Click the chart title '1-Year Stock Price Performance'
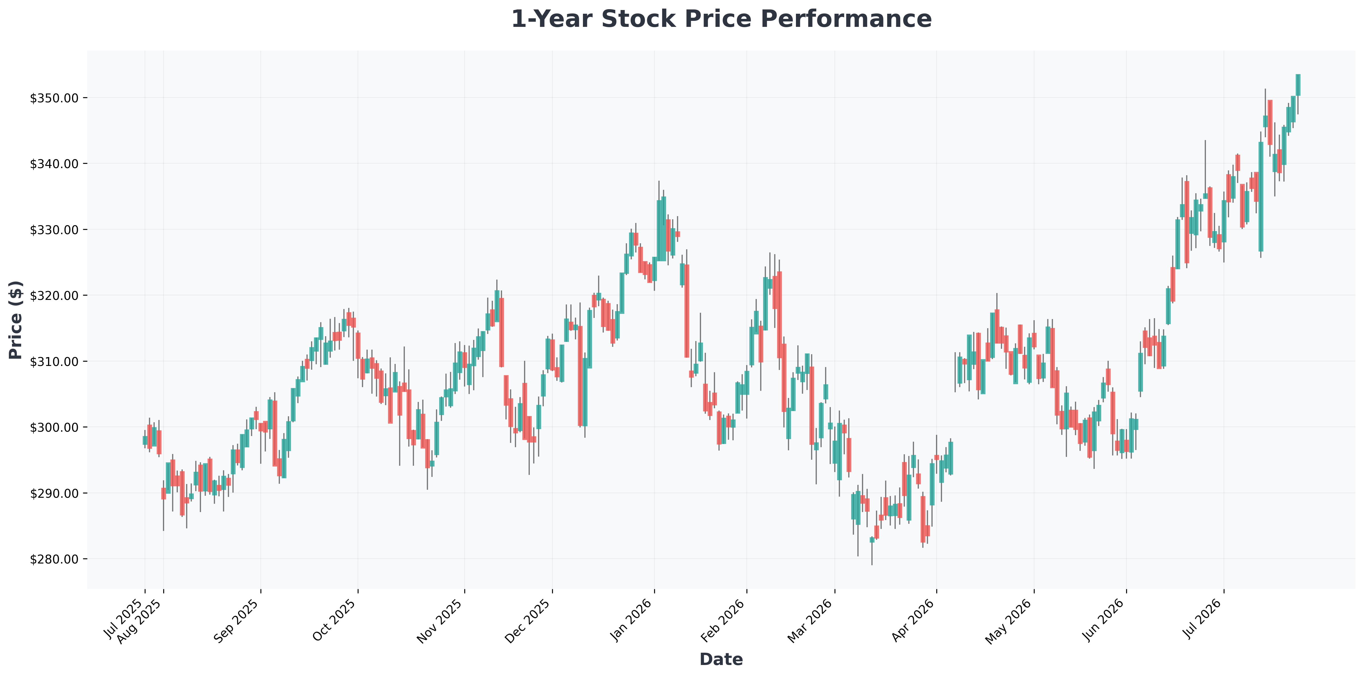721,19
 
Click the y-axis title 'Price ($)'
16,320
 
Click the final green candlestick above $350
1298,85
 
